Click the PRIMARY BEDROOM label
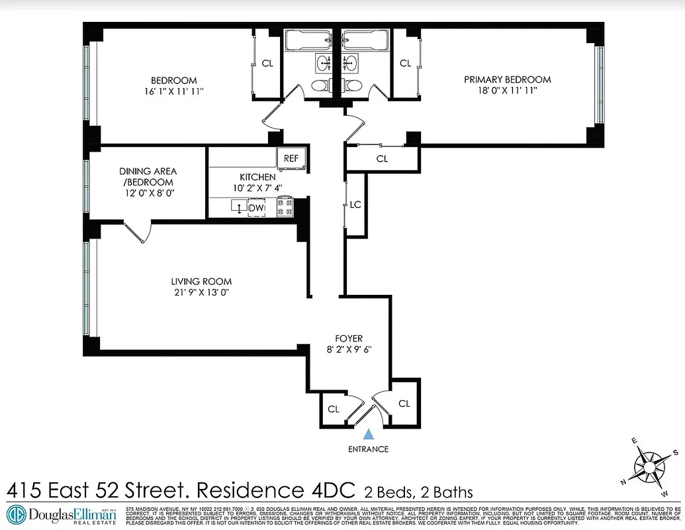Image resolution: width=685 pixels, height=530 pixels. [x=507, y=79]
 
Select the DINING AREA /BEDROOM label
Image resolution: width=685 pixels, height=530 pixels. [x=148, y=176]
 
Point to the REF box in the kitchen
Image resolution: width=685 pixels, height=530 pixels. [x=291, y=158]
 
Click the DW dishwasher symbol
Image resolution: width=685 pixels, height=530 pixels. [x=255, y=209]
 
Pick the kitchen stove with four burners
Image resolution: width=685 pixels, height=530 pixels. [x=285, y=207]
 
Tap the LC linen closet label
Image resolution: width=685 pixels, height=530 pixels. [x=355, y=205]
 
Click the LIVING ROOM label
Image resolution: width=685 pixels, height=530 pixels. [x=202, y=281]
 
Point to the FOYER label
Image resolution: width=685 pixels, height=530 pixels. [x=348, y=339]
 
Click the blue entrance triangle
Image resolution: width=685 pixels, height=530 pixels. [x=369, y=435]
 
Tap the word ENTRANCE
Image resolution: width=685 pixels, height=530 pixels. [x=369, y=449]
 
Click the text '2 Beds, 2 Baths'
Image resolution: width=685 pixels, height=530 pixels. [x=418, y=492]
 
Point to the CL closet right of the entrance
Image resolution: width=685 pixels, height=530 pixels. [x=404, y=403]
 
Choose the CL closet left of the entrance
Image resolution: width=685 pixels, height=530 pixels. [x=334, y=409]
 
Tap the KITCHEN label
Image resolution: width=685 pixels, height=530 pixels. [x=257, y=177]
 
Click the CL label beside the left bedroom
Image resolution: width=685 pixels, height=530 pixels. [x=267, y=64]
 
